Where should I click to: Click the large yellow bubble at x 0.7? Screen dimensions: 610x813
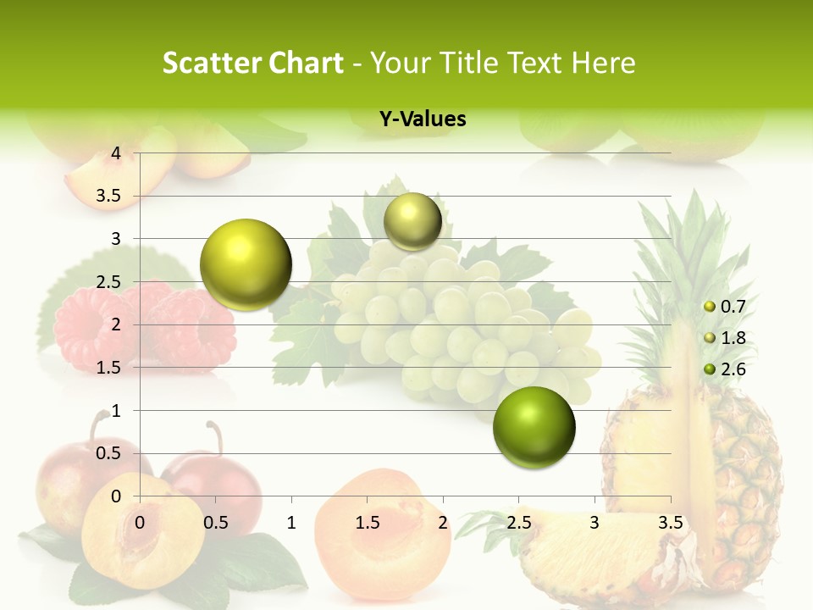pyautogui.click(x=246, y=264)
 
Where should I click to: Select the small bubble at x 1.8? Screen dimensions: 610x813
pyautogui.click(x=412, y=221)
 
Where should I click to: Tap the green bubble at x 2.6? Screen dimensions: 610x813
pyautogui.click(x=534, y=427)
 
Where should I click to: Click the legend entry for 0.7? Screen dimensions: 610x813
pyautogui.click(x=724, y=307)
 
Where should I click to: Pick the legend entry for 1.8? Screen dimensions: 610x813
pyautogui.click(x=724, y=338)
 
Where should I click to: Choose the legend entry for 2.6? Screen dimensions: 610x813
pyautogui.click(x=724, y=369)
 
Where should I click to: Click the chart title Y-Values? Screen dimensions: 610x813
pyautogui.click(x=423, y=119)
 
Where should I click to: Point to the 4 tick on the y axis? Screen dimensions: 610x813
pyautogui.click(x=116, y=153)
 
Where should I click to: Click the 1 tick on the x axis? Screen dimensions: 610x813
pyautogui.click(x=291, y=522)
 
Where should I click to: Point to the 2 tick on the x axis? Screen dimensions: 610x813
pyautogui.click(x=443, y=522)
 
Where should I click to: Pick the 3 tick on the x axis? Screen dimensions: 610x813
pyautogui.click(x=595, y=522)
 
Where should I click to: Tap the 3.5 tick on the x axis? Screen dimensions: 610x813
pyautogui.click(x=670, y=522)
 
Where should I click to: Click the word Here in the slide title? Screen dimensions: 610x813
pyautogui.click(x=602, y=63)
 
